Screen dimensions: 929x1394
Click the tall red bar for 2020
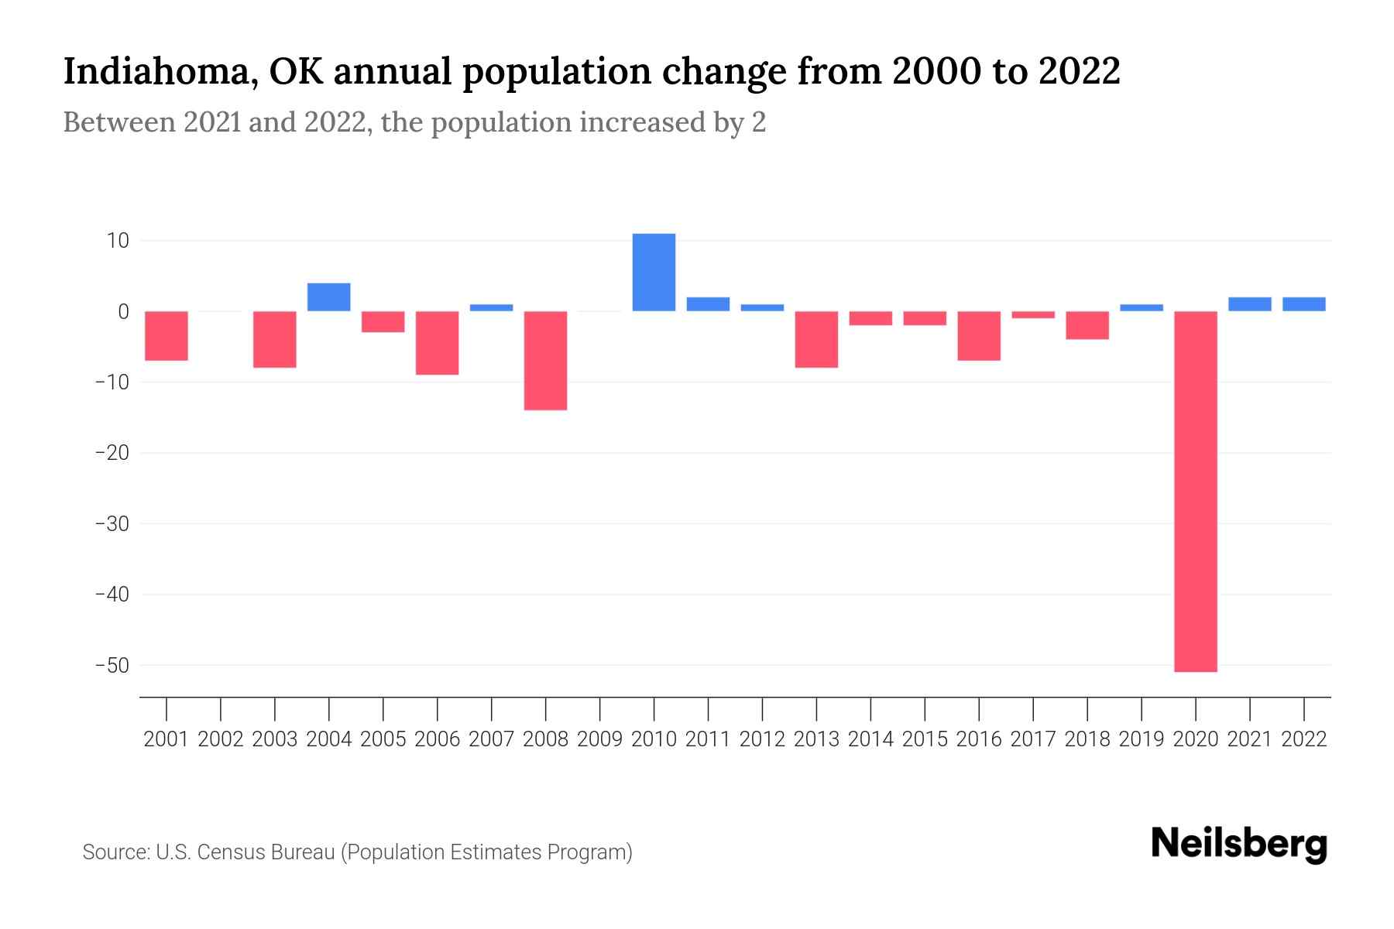click(x=1195, y=491)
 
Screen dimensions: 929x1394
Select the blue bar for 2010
click(x=654, y=273)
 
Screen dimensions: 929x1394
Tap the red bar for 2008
click(x=545, y=360)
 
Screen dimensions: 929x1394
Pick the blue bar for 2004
click(x=329, y=297)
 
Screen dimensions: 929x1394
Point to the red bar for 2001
click(x=167, y=335)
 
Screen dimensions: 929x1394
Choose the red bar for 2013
click(x=816, y=339)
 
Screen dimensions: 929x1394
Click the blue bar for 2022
click(x=1303, y=304)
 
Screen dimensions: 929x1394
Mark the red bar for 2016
click(x=979, y=335)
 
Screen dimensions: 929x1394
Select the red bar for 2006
click(x=438, y=342)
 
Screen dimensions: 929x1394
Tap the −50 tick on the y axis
click(x=112, y=665)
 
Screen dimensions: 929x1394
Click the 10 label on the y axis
click(x=118, y=241)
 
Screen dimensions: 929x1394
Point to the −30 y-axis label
click(x=112, y=524)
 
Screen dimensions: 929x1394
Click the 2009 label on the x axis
click(x=599, y=739)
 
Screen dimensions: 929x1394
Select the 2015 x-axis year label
click(x=925, y=739)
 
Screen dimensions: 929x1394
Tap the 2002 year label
click(x=221, y=739)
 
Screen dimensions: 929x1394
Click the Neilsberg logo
click(x=1239, y=845)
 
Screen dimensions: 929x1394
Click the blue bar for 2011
click(x=708, y=304)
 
